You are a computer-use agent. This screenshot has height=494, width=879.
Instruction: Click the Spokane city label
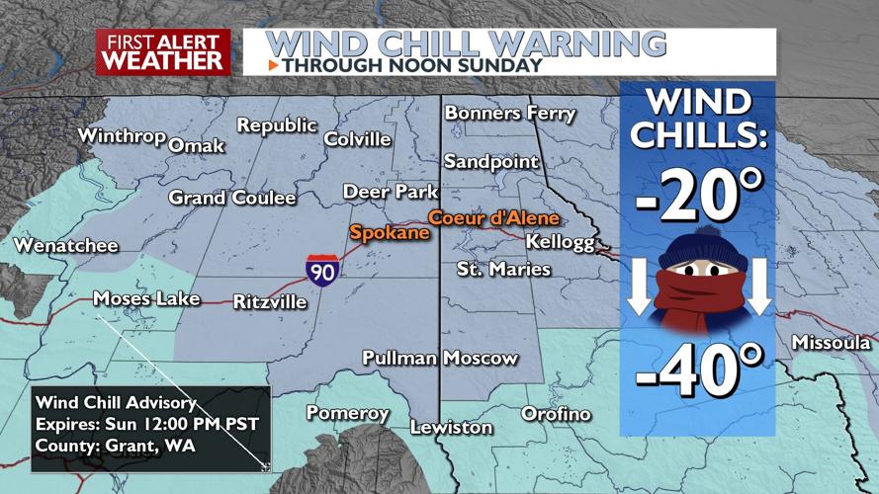389,233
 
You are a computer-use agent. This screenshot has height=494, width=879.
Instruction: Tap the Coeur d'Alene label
493,218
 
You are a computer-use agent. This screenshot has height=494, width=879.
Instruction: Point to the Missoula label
831,343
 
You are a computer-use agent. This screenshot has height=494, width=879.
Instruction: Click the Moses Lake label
146,298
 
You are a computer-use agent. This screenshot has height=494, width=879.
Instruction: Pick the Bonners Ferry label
509,114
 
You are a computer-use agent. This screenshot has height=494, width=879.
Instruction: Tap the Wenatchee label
65,246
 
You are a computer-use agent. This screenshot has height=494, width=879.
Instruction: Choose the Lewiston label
451,428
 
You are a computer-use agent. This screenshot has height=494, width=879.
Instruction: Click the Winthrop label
121,135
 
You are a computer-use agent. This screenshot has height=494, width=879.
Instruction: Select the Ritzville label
270,302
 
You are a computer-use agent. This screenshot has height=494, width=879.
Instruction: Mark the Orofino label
556,414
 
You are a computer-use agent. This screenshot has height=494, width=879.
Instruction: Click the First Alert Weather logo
163,51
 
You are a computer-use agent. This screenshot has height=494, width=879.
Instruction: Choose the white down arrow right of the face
757,287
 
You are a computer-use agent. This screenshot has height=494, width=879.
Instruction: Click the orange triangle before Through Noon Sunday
273,66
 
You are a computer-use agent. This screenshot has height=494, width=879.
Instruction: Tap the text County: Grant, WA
115,446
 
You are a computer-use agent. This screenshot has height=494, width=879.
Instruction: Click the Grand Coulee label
232,199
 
